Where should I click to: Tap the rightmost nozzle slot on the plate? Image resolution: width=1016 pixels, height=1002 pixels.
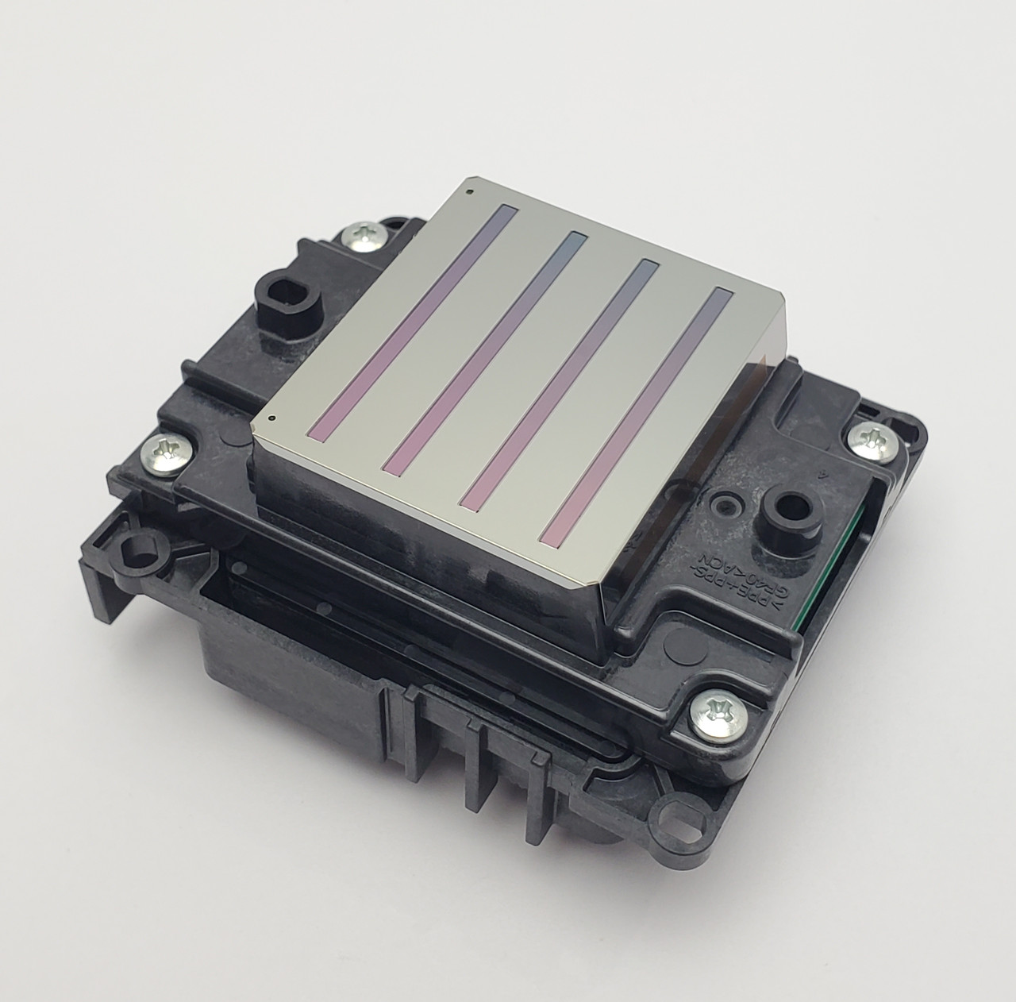pyautogui.click(x=635, y=416)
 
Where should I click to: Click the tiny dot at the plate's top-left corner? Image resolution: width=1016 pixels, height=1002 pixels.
pyautogui.click(x=471, y=191)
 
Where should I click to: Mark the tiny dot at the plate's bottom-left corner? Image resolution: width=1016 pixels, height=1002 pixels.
pyautogui.click(x=272, y=417)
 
